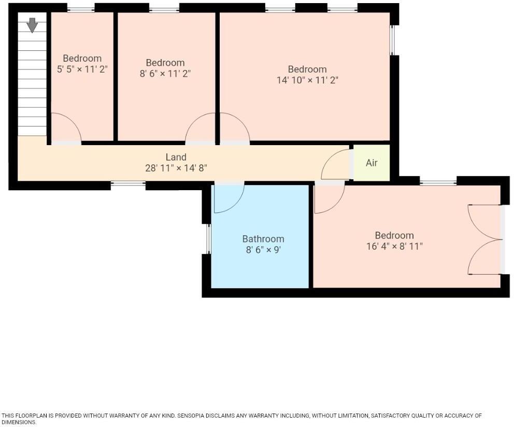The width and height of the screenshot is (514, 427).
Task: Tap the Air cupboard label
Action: (372, 163)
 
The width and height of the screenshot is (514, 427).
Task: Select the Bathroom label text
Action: (263, 239)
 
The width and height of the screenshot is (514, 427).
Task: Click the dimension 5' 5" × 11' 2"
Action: (82, 69)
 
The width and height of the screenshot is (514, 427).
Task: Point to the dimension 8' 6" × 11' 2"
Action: (165, 74)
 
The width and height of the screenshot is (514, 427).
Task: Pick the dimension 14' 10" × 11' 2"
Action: (307, 80)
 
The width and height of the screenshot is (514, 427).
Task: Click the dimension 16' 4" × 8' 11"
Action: (394, 246)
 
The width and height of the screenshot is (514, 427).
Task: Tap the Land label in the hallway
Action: (176, 157)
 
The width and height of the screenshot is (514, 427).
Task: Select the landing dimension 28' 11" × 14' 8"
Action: (176, 168)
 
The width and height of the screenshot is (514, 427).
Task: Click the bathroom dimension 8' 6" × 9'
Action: (263, 250)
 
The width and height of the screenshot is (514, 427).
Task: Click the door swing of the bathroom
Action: (228, 198)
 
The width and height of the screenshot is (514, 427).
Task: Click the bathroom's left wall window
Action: (209, 239)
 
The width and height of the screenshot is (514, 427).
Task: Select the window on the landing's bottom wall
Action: (128, 182)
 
